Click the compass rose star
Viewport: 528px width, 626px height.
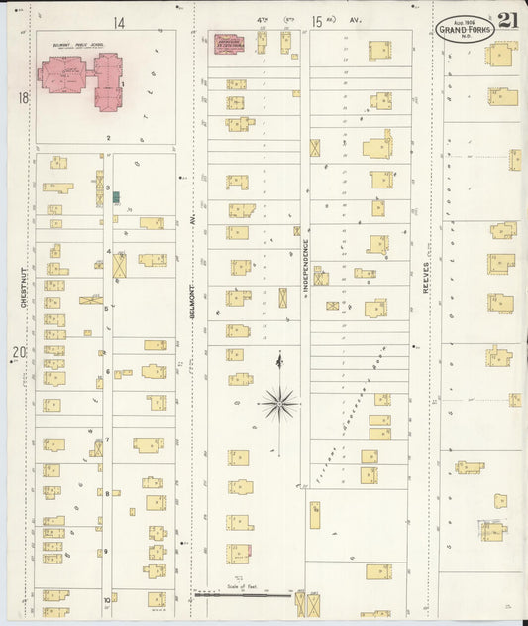tap(279, 403)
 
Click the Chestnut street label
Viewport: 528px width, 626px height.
tap(22, 300)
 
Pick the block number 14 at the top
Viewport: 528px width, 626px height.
tap(119, 22)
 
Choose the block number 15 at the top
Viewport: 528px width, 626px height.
tap(317, 21)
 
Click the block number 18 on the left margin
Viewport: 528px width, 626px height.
tap(22, 98)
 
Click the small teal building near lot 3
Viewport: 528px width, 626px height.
tap(116, 197)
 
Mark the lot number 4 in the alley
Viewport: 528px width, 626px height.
tap(108, 252)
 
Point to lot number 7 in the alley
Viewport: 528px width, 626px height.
tap(107, 439)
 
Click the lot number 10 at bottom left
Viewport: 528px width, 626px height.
tap(106, 599)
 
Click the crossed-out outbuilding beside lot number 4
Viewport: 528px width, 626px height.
tap(120, 266)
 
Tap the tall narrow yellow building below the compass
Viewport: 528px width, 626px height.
tap(315, 515)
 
